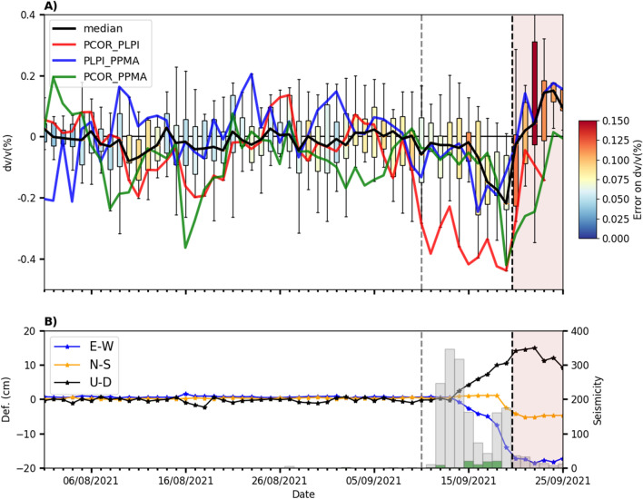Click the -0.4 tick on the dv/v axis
26,259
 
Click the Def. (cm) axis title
8,399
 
